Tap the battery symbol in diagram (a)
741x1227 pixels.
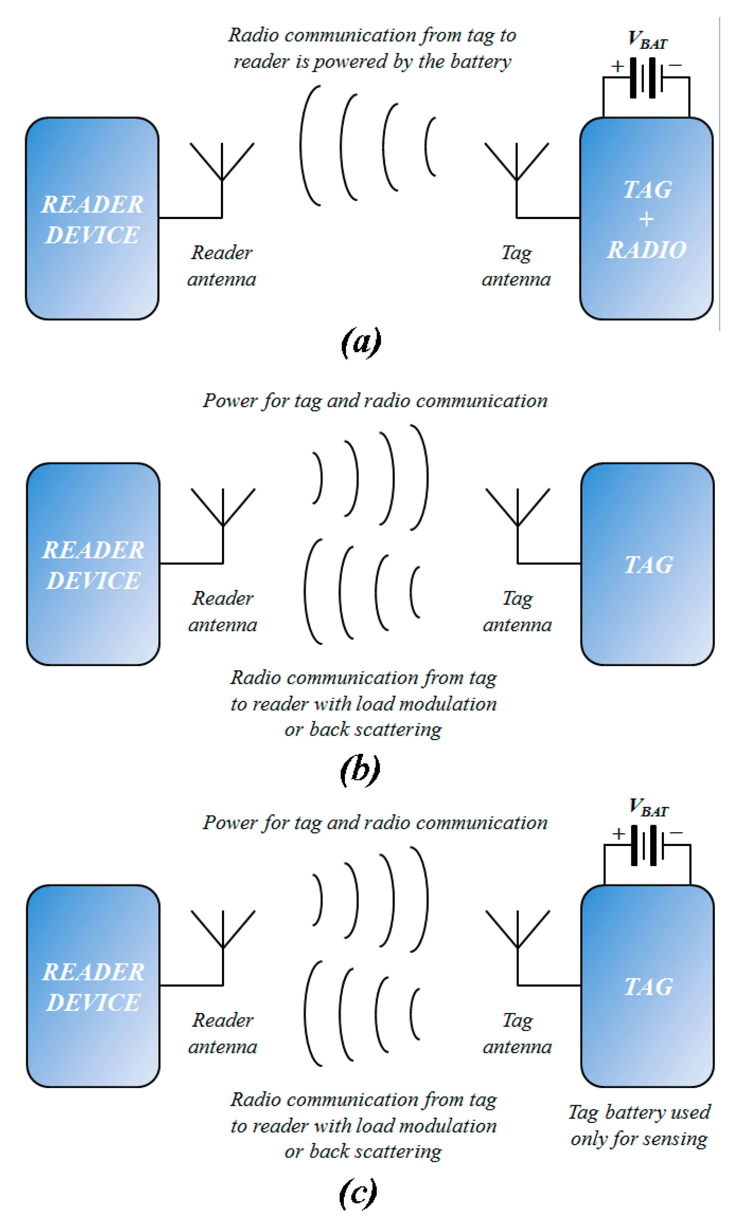646,78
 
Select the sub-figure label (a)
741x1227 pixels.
361,342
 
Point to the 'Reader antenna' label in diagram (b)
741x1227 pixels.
222,611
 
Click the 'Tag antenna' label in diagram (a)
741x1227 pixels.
516,266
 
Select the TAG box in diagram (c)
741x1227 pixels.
647,986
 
